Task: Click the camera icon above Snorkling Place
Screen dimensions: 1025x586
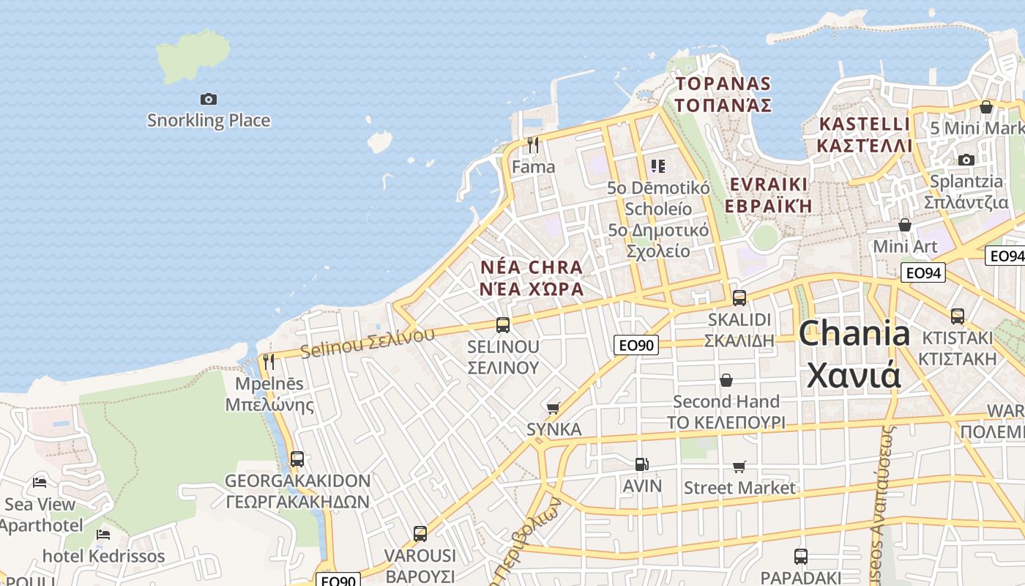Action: pos(209,99)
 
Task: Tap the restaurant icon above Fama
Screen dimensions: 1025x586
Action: pos(533,145)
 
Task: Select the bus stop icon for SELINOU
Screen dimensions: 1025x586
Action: pos(502,324)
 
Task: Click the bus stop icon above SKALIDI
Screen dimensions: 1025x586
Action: pos(739,297)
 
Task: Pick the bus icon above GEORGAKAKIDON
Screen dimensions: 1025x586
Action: pos(297,459)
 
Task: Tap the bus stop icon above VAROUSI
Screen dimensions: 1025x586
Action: pos(420,533)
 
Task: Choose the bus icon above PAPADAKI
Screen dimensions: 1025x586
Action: pos(800,556)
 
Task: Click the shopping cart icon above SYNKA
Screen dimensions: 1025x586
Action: pos(553,408)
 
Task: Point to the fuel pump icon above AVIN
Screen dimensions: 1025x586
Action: pos(641,464)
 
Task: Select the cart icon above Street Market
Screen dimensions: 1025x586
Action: pos(739,467)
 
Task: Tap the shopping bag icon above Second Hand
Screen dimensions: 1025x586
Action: pos(726,380)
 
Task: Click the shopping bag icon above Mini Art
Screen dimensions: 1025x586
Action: pos(905,225)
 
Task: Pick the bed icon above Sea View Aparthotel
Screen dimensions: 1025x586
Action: pos(40,482)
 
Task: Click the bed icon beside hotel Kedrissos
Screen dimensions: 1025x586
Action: pos(103,534)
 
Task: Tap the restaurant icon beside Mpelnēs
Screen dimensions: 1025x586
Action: pos(269,361)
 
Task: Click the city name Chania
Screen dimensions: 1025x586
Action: pos(854,334)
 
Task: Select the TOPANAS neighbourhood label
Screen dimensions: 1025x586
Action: pos(723,84)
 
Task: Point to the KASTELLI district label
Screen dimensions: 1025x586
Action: pos(865,124)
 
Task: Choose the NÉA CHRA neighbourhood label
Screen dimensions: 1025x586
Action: pos(532,267)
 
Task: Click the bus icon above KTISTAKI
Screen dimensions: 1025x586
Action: pos(957,316)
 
